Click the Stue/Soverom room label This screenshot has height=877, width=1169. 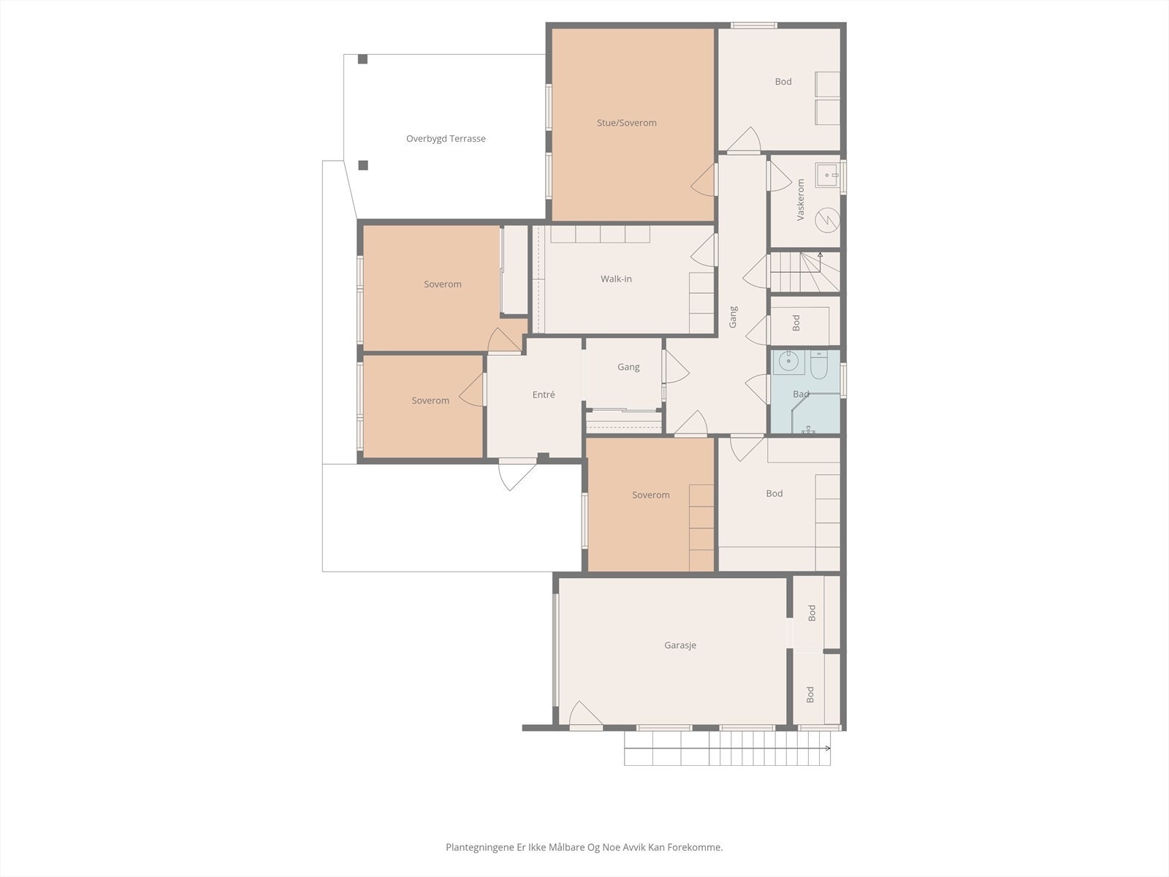point(626,123)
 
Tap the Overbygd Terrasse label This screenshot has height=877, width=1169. point(446,138)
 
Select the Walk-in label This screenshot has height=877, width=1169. point(616,278)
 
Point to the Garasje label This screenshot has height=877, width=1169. point(680,645)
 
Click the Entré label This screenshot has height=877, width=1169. point(544,395)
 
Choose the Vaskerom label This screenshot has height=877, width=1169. point(800,200)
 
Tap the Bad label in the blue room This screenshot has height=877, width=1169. point(801,394)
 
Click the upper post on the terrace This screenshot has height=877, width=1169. point(362,59)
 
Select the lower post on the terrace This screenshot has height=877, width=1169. point(363,166)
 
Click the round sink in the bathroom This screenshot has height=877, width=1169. point(789,362)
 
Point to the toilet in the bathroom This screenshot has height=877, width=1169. point(818,365)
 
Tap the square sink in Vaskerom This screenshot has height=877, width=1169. point(828,175)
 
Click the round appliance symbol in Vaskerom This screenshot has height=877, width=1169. point(828,219)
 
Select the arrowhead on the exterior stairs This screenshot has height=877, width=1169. point(828,748)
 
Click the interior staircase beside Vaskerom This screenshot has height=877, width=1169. point(804,272)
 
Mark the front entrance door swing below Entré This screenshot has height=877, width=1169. point(517,474)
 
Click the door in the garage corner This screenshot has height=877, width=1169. point(586,713)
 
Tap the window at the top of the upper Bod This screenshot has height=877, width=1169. point(753,25)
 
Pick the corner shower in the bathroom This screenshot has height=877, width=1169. point(815,414)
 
